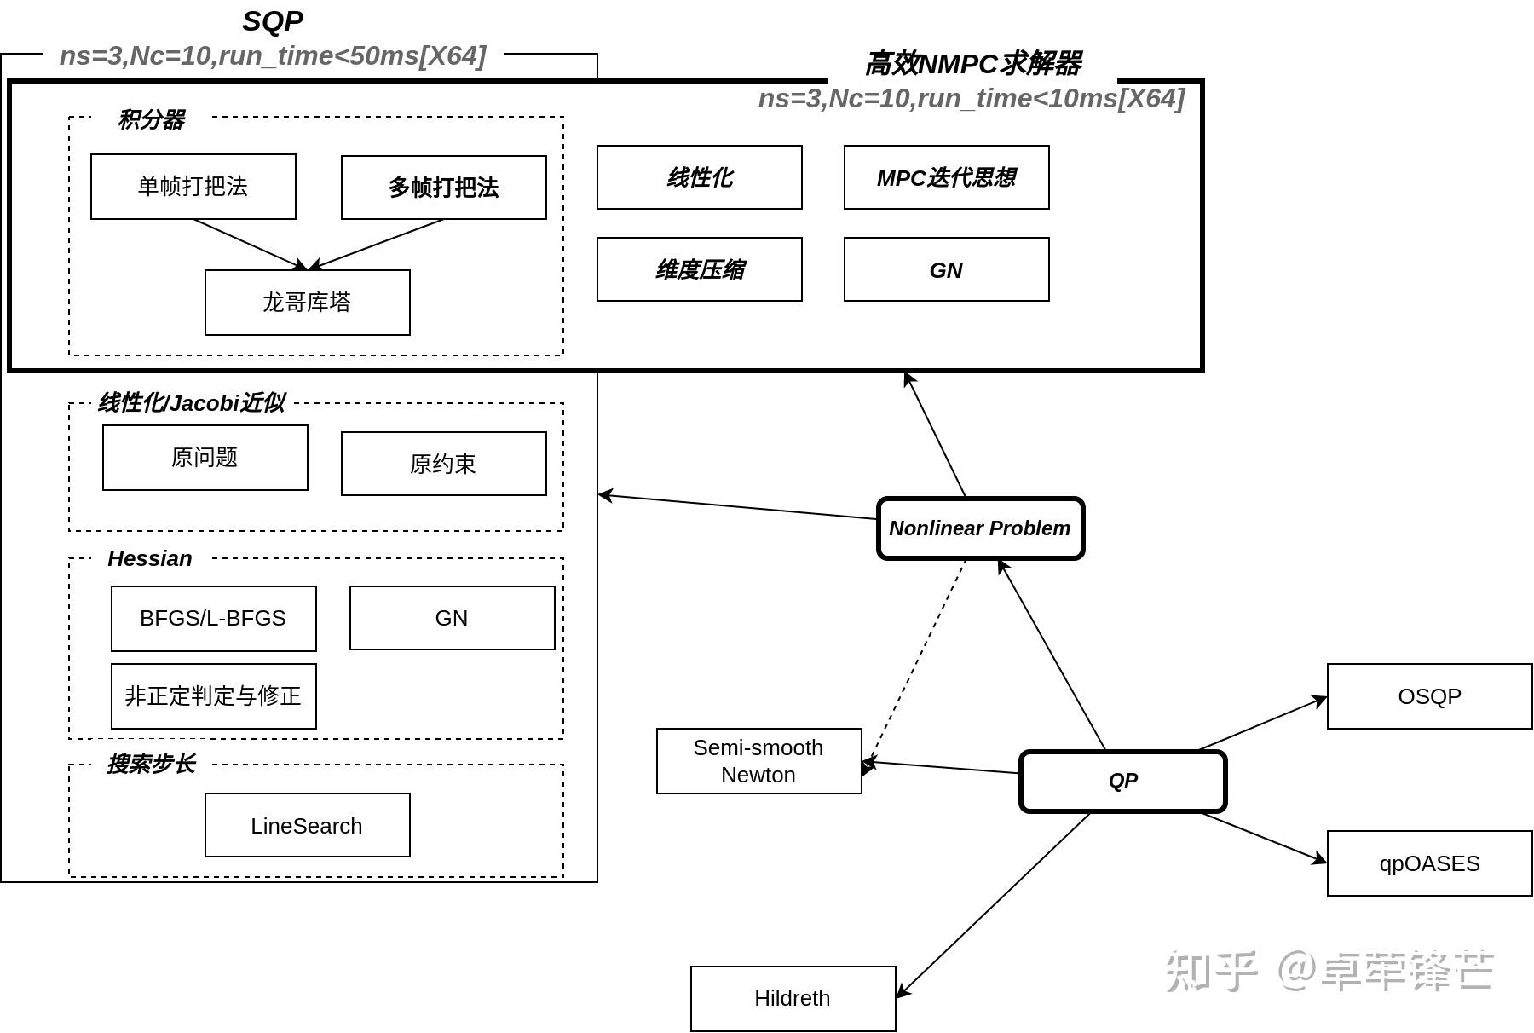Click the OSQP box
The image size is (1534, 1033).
[1429, 696]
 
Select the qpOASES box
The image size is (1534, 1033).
[1429, 863]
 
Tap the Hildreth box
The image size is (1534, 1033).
[793, 998]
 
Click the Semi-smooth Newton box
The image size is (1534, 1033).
[758, 761]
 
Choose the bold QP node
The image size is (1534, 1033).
[1122, 781]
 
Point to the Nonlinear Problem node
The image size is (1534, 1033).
[980, 528]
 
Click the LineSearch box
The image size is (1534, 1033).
[307, 825]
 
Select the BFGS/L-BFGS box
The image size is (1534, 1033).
[213, 618]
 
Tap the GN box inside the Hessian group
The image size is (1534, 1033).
[452, 618]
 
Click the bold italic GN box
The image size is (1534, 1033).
[946, 269]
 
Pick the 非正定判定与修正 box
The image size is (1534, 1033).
[213, 695]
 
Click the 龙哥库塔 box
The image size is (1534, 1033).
[307, 303]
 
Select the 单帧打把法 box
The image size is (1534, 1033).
[193, 187]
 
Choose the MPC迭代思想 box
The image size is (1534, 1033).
[946, 177]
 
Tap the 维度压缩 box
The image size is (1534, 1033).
[699, 269]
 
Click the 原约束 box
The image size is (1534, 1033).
[443, 464]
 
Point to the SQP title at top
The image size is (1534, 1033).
[273, 21]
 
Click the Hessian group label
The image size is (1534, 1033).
[150, 558]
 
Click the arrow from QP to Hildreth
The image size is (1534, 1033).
[993, 905]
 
